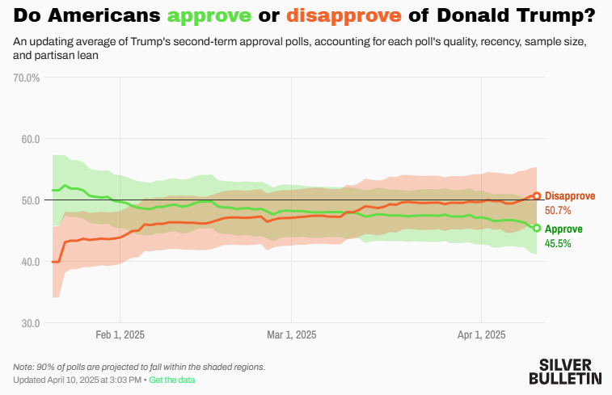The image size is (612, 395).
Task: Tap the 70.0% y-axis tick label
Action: click(x=27, y=78)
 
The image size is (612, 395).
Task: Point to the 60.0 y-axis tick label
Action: click(x=30, y=139)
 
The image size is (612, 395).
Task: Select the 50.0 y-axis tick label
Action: click(x=30, y=200)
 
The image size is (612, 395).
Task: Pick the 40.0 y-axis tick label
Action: click(x=30, y=262)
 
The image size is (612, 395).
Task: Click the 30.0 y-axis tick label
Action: click(x=30, y=323)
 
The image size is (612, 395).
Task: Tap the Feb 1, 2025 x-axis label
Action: click(x=120, y=334)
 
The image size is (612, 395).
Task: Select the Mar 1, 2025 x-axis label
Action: click(x=291, y=334)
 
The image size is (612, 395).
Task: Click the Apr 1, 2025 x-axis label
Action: click(x=481, y=334)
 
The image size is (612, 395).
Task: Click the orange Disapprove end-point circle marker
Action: click(x=537, y=196)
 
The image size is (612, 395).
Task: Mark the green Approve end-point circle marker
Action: click(x=537, y=228)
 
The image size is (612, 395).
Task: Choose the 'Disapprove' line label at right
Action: click(x=570, y=196)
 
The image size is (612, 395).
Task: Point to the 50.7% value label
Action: click(x=558, y=210)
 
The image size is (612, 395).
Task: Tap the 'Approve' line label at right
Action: click(x=563, y=229)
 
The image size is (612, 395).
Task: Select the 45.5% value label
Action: click(x=558, y=242)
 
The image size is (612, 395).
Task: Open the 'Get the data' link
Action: click(x=171, y=380)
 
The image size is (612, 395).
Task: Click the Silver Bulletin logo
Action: click(x=565, y=371)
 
